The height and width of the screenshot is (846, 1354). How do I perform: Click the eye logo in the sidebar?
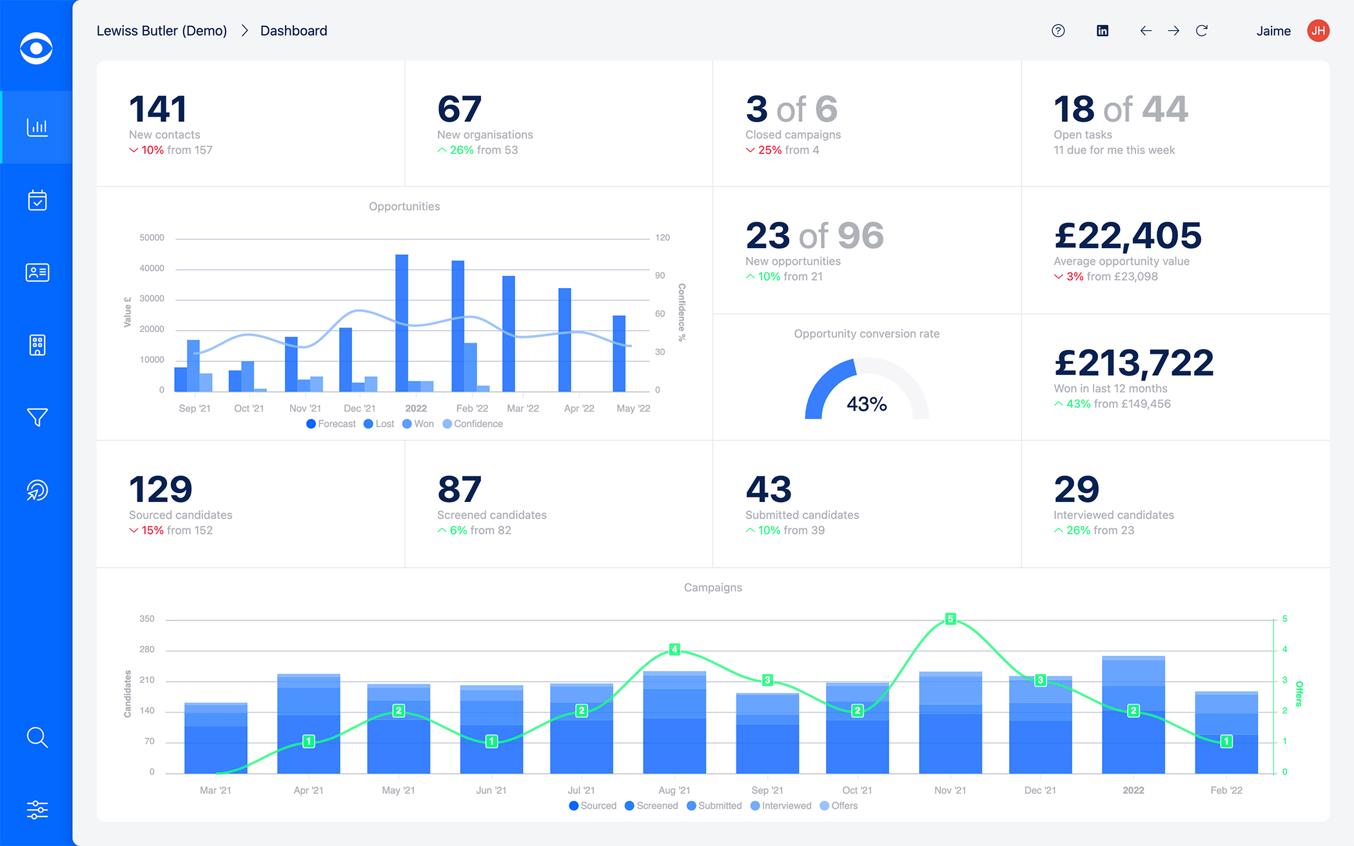pyautogui.click(x=36, y=48)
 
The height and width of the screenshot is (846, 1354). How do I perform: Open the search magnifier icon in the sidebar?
pyautogui.click(x=37, y=737)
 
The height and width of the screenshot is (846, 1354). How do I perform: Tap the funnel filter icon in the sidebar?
pyautogui.click(x=37, y=418)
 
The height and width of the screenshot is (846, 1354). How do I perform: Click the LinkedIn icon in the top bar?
pyautogui.click(x=1103, y=31)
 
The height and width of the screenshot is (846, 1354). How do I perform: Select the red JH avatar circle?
pyautogui.click(x=1318, y=31)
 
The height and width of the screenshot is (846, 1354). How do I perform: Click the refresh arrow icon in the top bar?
pyautogui.click(x=1202, y=31)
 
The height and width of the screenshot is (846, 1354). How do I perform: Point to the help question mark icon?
pyautogui.click(x=1058, y=31)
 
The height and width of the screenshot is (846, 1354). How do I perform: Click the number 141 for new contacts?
pyautogui.click(x=158, y=109)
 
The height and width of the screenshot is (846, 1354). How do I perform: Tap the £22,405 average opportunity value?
pyautogui.click(x=1128, y=236)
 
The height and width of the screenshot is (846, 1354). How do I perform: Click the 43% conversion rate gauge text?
pyautogui.click(x=867, y=405)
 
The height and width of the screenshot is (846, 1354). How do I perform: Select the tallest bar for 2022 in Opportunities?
pyautogui.click(x=402, y=322)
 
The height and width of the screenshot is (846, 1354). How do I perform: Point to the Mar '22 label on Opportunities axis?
pyautogui.click(x=523, y=409)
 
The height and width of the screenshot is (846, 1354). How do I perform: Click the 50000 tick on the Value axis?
pyautogui.click(x=152, y=238)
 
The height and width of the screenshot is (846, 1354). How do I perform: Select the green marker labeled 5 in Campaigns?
pyautogui.click(x=950, y=619)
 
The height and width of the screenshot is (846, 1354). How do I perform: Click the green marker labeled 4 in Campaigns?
pyautogui.click(x=674, y=649)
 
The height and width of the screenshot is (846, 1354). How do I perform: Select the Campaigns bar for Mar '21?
pyautogui.click(x=215, y=738)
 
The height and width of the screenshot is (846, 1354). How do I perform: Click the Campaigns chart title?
pyautogui.click(x=712, y=588)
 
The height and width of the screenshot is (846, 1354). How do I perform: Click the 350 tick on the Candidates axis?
pyautogui.click(x=147, y=619)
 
